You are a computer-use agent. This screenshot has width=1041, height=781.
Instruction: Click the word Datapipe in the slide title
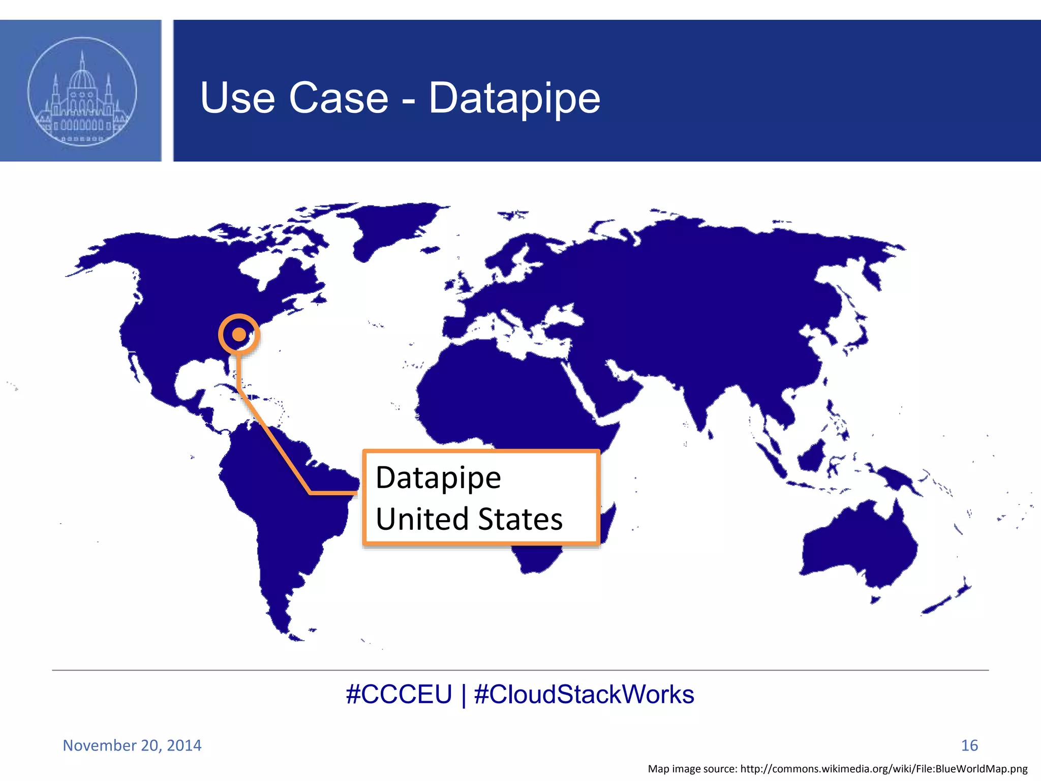click(514, 98)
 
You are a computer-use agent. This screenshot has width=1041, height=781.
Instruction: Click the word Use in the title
click(237, 98)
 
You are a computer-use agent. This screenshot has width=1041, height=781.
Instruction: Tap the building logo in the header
click(82, 92)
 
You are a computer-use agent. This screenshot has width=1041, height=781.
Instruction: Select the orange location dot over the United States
click(239, 335)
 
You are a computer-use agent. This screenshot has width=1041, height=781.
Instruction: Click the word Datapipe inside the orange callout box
click(438, 478)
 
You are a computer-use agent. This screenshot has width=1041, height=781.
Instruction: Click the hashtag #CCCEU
click(399, 695)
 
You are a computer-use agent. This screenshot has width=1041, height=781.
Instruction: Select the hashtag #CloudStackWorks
click(584, 695)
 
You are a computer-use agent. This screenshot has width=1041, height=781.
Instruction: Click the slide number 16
click(969, 745)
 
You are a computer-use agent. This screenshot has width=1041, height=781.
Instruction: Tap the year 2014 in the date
click(183, 745)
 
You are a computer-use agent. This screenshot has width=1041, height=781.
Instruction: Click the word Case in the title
click(339, 98)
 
